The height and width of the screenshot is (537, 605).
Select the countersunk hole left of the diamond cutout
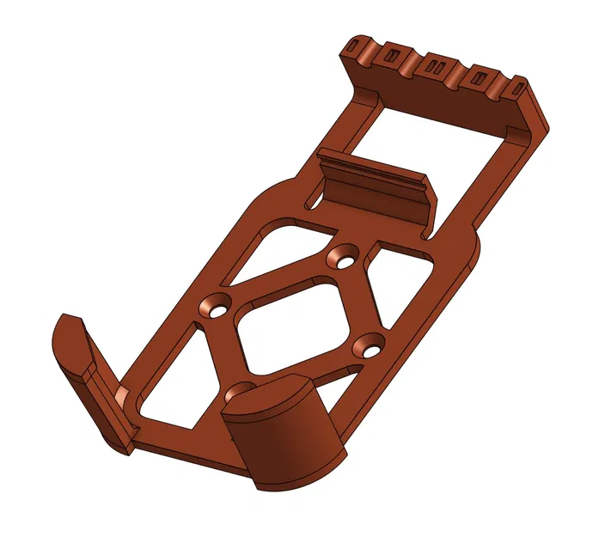pos(213,305)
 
